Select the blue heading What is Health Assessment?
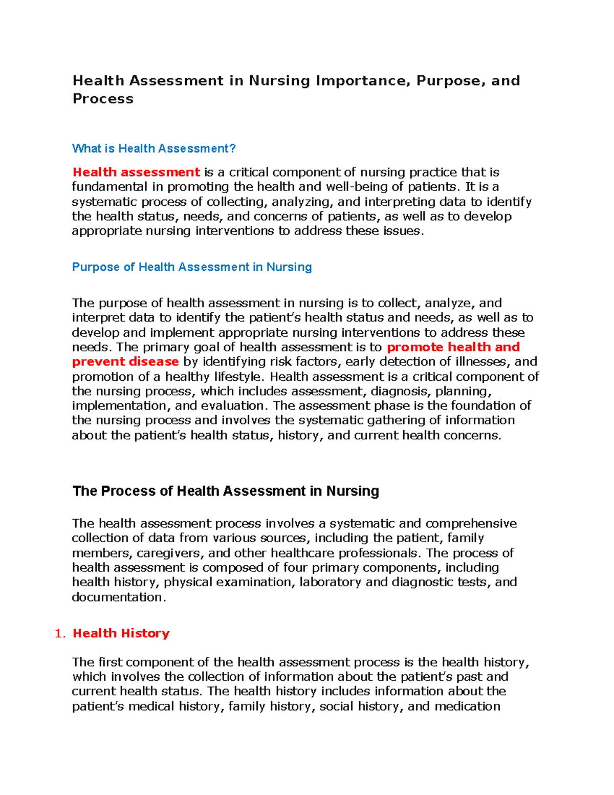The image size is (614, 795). pyautogui.click(x=153, y=148)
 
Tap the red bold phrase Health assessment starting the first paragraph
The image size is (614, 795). pyautogui.click(x=136, y=173)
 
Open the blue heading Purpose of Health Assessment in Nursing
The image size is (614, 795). pyautogui.click(x=192, y=267)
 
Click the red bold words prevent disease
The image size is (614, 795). pyautogui.click(x=125, y=362)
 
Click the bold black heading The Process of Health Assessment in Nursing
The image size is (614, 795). pyautogui.click(x=226, y=491)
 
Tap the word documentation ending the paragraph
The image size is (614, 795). pyautogui.click(x=118, y=597)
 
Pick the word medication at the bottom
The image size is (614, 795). pyautogui.click(x=467, y=706)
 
